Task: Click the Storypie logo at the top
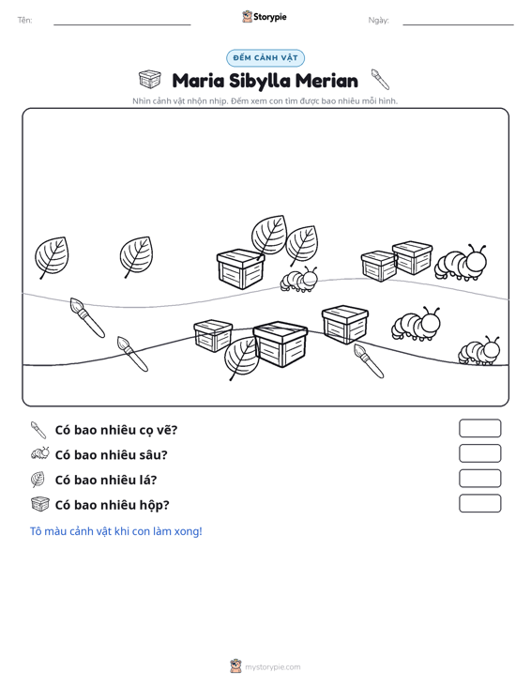tap(265, 17)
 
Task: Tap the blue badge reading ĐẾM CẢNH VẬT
tap(265, 58)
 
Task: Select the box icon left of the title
tap(150, 79)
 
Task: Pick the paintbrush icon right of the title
tap(380, 79)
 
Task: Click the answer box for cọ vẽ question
tap(479, 428)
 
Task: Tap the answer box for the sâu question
tap(479, 453)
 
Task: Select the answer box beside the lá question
tap(479, 479)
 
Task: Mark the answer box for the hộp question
tap(479, 503)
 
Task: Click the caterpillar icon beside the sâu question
tap(40, 453)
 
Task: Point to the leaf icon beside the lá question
tap(38, 479)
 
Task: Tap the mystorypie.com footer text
tap(273, 667)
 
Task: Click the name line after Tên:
tap(122, 24)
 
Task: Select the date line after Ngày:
tap(458, 24)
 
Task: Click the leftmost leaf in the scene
tap(52, 257)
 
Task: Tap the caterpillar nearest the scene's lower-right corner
tap(478, 351)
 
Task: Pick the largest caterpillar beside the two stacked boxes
tap(461, 263)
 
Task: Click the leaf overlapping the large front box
tap(240, 358)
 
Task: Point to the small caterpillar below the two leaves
tap(299, 279)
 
